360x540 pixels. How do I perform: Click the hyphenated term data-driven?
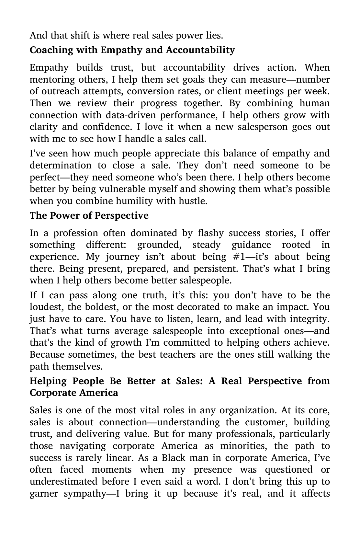coord(119,115)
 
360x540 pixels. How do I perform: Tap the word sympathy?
coord(87,494)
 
